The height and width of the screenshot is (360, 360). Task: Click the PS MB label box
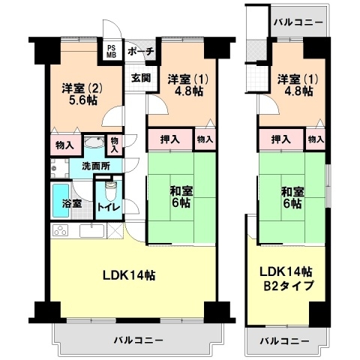(x=112, y=51)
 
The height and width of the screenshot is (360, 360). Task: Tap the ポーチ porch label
(x=140, y=52)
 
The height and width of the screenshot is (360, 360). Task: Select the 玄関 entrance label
(x=141, y=78)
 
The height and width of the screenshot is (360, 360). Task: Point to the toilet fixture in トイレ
(x=111, y=191)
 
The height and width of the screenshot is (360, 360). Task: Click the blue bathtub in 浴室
(x=61, y=200)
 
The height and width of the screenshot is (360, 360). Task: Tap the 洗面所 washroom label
(x=96, y=166)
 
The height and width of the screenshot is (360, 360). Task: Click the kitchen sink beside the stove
(x=91, y=230)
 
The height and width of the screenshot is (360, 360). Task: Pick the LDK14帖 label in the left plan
(x=129, y=275)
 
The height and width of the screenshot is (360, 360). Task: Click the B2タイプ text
(x=289, y=286)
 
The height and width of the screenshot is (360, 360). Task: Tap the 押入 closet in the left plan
(x=170, y=139)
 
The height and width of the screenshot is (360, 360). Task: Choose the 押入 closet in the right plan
(x=281, y=139)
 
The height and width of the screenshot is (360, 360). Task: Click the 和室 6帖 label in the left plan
(x=181, y=196)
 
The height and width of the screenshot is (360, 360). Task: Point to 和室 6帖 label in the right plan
(x=292, y=197)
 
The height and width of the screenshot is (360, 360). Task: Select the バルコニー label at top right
(x=298, y=23)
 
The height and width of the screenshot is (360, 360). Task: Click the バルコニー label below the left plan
(x=139, y=340)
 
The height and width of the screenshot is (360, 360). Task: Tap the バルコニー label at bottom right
(x=285, y=340)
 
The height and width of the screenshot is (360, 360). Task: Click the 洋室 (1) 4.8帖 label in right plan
(x=298, y=85)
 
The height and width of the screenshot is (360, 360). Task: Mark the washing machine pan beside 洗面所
(x=60, y=168)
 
